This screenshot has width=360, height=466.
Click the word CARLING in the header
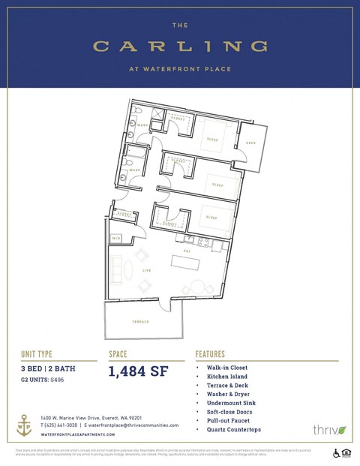[x=180, y=47]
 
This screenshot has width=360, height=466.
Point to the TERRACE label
[x=140, y=321]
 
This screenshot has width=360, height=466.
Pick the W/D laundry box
[x=116, y=239]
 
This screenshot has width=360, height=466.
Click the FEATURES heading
[x=212, y=353]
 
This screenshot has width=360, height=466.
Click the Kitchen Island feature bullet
[x=226, y=377]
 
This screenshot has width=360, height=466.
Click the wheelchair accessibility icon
[x=336, y=453]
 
